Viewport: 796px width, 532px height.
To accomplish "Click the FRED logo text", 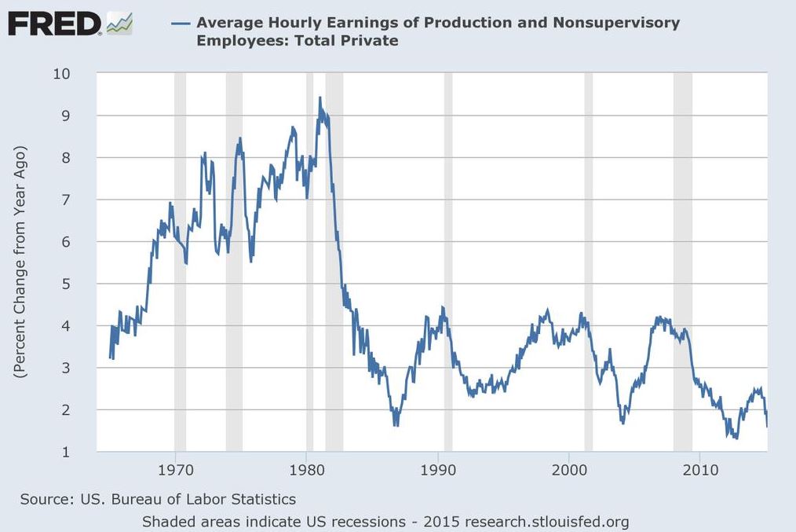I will (x=53, y=24).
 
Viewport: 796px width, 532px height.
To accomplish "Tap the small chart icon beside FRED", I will (x=119, y=24).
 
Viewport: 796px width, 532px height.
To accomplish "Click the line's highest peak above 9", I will (x=319, y=98).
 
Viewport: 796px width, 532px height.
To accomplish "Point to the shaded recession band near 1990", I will (x=448, y=259).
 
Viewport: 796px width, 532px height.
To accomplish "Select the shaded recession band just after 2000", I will (x=588, y=259).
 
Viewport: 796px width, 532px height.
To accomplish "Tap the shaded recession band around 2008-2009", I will (x=682, y=259).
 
